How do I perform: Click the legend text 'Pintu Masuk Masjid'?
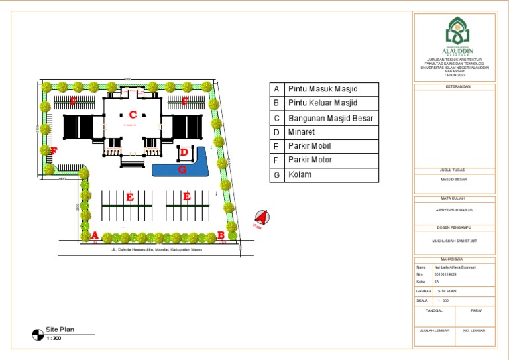pos(322,89)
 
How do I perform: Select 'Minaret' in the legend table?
pos(301,132)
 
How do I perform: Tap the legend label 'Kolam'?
pos(300,175)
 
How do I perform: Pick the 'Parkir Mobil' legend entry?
pos(309,146)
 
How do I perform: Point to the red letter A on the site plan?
pos(95,235)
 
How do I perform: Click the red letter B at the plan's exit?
pos(220,235)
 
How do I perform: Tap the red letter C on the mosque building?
pos(133,114)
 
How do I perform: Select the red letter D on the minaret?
pos(184,152)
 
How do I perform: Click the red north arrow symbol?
pos(262,217)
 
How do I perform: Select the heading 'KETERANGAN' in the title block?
pos(454,86)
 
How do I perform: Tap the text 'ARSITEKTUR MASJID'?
pos(454,210)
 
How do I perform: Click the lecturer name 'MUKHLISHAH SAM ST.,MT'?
pos(454,241)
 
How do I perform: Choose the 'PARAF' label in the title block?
pos(475,310)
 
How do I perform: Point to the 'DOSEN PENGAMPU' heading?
pos(454,228)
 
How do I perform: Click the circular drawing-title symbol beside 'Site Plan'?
pos(38,335)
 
